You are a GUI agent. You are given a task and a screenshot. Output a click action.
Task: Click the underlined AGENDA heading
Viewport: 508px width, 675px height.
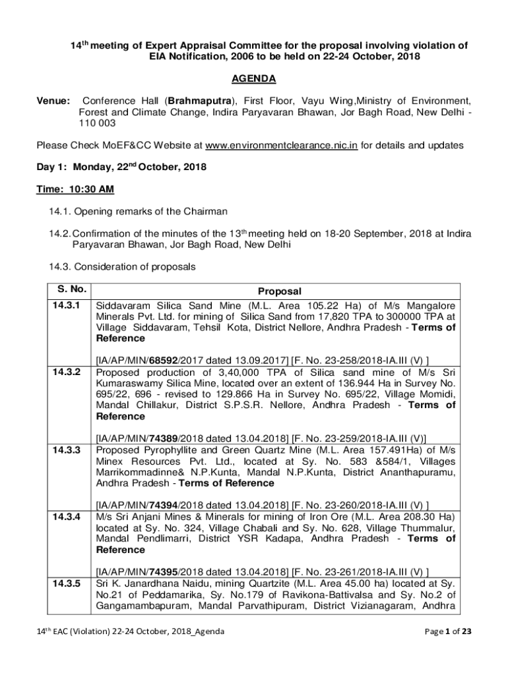(253, 79)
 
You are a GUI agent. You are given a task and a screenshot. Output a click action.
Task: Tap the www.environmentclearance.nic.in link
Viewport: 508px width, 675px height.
(282, 145)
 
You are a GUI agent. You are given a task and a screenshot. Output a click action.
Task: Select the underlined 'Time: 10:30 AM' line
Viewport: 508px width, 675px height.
(75, 189)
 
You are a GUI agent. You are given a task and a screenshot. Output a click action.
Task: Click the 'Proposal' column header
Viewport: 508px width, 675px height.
(279, 291)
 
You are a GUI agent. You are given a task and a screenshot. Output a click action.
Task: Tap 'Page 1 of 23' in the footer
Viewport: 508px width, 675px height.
(448, 631)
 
